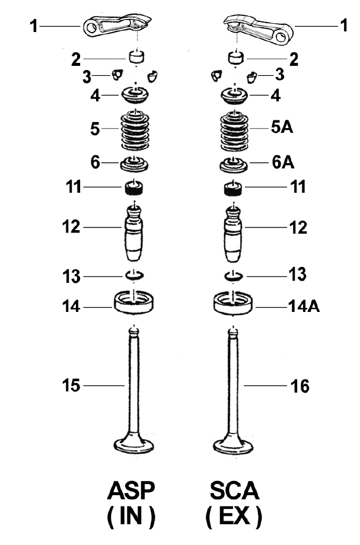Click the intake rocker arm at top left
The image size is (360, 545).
pos(115,27)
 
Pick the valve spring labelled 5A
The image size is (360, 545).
pos(235,131)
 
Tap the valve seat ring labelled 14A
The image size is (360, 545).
pos(235,302)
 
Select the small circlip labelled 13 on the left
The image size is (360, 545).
pos(135,275)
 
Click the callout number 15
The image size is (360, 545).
pos(71,385)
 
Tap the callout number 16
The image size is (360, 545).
pos(300,387)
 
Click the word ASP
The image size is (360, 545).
pos(131,492)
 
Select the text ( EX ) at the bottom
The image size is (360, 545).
pos(234,517)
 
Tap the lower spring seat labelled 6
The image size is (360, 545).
pos(135,163)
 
